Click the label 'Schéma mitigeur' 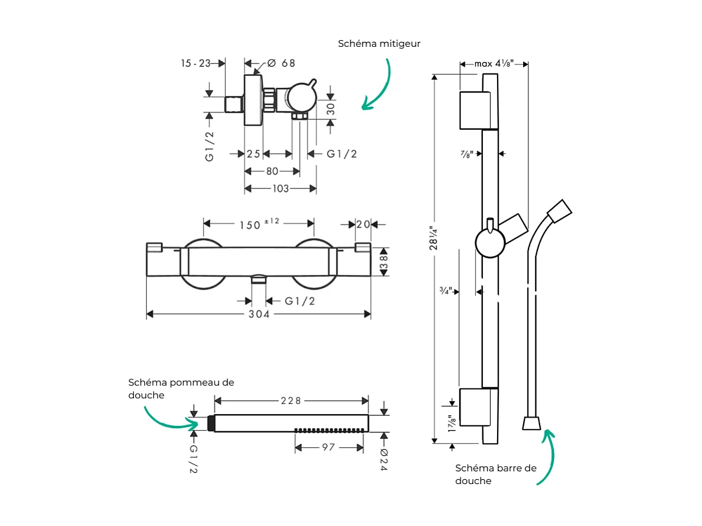[x=379, y=44]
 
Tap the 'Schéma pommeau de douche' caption [x=181, y=389]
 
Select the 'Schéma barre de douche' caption [x=495, y=474]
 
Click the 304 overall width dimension [x=259, y=314]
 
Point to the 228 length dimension [x=291, y=401]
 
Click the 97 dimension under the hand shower [x=329, y=447]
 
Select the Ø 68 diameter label [x=281, y=63]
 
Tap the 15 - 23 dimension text [x=196, y=63]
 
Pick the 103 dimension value [x=280, y=188]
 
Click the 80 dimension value [x=272, y=171]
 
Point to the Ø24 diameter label [x=383, y=458]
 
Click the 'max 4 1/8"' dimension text [x=493, y=63]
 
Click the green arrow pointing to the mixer [x=379, y=89]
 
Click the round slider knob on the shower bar [x=491, y=243]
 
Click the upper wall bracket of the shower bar [x=475, y=110]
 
